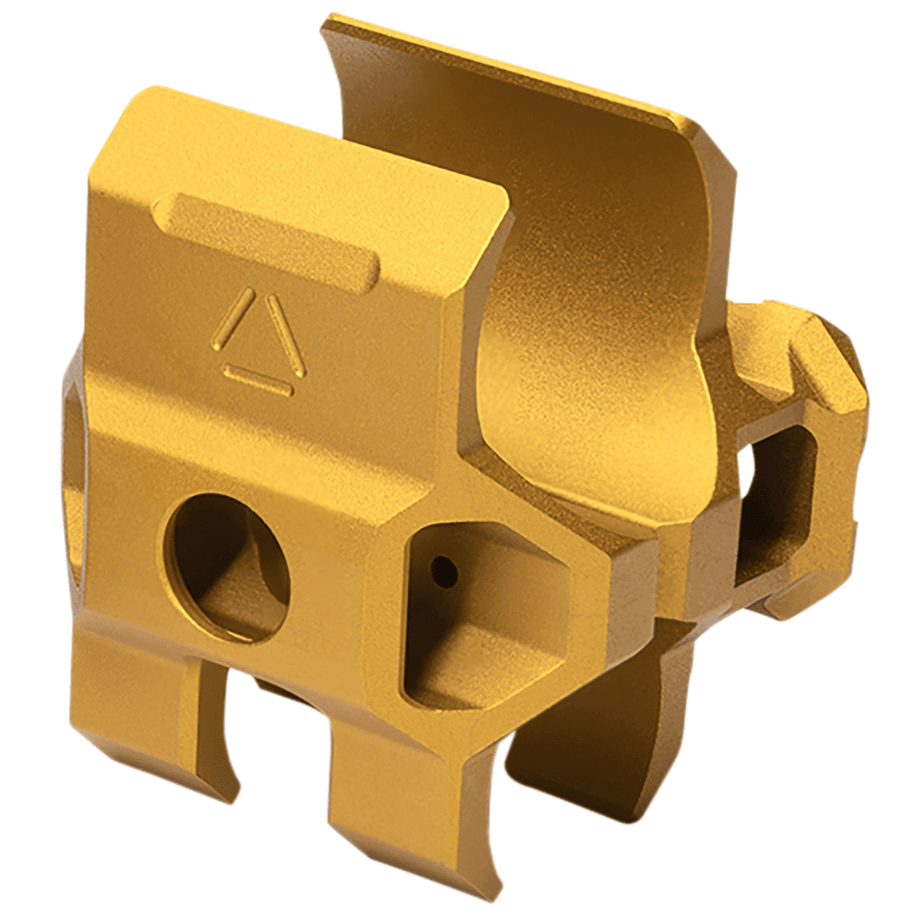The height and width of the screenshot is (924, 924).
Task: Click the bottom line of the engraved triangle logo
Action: pyautogui.click(x=259, y=381)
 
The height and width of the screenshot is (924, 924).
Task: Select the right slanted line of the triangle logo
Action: pyautogui.click(x=286, y=336)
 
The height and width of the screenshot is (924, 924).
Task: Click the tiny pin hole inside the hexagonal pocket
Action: pyautogui.click(x=444, y=571)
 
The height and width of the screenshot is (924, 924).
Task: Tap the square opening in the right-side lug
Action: pyautogui.click(x=770, y=500)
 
